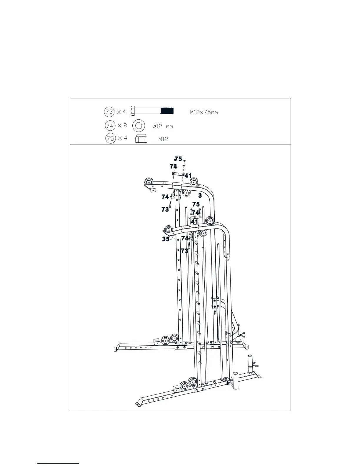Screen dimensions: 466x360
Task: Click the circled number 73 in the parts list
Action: coord(109,112)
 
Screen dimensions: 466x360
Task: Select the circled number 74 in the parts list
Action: coord(110,126)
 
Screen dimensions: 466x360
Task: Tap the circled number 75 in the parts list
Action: coord(110,138)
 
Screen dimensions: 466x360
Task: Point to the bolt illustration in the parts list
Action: coord(152,111)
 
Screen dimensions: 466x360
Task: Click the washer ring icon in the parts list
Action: coord(139,126)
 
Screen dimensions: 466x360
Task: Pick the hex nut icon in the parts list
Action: coord(141,139)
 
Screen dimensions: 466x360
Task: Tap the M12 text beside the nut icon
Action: coord(163,139)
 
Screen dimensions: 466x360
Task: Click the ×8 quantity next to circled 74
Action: coord(122,126)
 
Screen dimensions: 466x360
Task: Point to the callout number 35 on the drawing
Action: coord(166,239)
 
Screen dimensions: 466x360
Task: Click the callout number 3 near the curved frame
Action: coord(200,195)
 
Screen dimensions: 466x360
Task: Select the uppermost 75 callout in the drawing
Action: coord(178,159)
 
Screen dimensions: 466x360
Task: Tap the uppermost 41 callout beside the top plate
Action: coord(188,176)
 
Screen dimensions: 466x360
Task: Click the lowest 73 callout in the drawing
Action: coord(184,251)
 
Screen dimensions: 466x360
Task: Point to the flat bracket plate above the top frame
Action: coord(178,174)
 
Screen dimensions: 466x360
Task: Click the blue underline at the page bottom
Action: coord(58,464)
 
